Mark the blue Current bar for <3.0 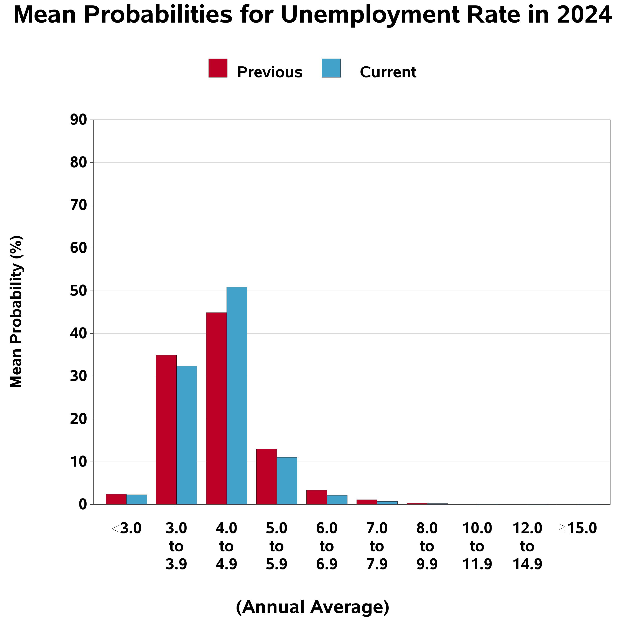[136, 500]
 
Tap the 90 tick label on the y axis [79, 120]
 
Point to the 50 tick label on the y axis [79, 291]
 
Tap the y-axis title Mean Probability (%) [16, 312]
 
